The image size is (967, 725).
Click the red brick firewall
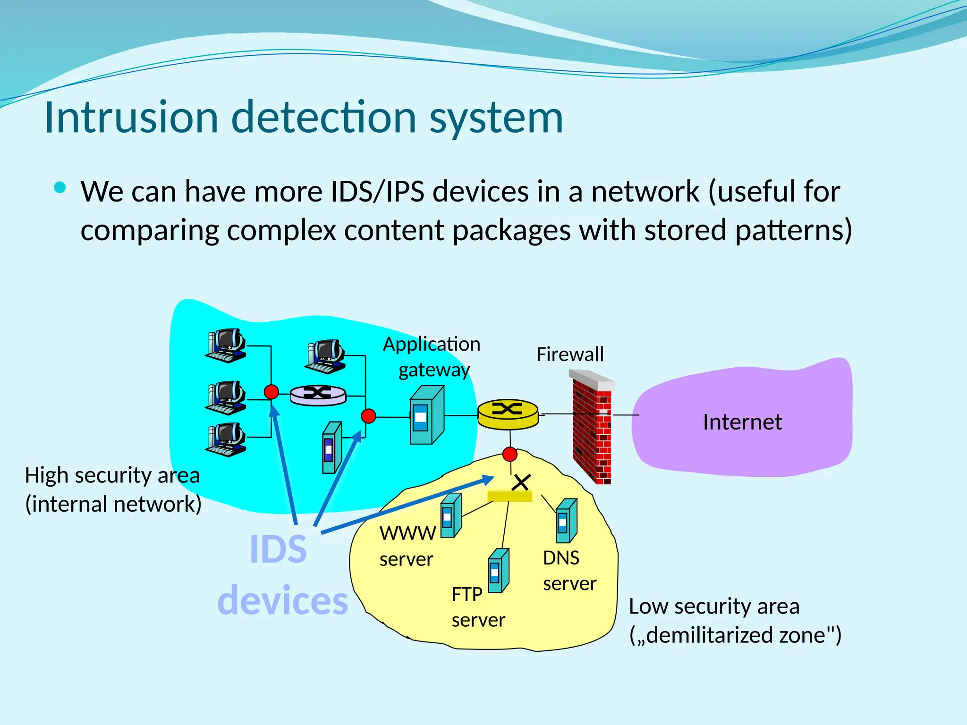pos(592,427)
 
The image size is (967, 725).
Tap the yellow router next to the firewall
pos(508,414)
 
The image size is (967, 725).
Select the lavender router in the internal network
pos(318,394)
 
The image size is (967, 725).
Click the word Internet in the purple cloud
pos(742,422)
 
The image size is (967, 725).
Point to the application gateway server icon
pos(426,415)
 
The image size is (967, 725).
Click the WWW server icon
pos(450,515)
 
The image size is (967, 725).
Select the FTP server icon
pos(498,571)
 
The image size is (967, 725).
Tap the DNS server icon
pos(566,521)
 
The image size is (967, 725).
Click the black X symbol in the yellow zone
pos(521,482)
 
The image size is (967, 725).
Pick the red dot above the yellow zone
pos(510,454)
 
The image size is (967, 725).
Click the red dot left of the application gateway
pos(368,416)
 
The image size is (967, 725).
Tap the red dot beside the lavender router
pos(271,392)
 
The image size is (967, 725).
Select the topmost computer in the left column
pos(226,345)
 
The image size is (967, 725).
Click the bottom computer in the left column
pos(226,439)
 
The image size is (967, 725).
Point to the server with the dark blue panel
pos(331,447)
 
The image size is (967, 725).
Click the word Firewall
pos(569,354)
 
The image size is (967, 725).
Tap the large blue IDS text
pos(278,549)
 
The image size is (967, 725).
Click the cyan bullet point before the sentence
pos(60,188)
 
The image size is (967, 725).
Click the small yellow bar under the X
pos(509,496)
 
